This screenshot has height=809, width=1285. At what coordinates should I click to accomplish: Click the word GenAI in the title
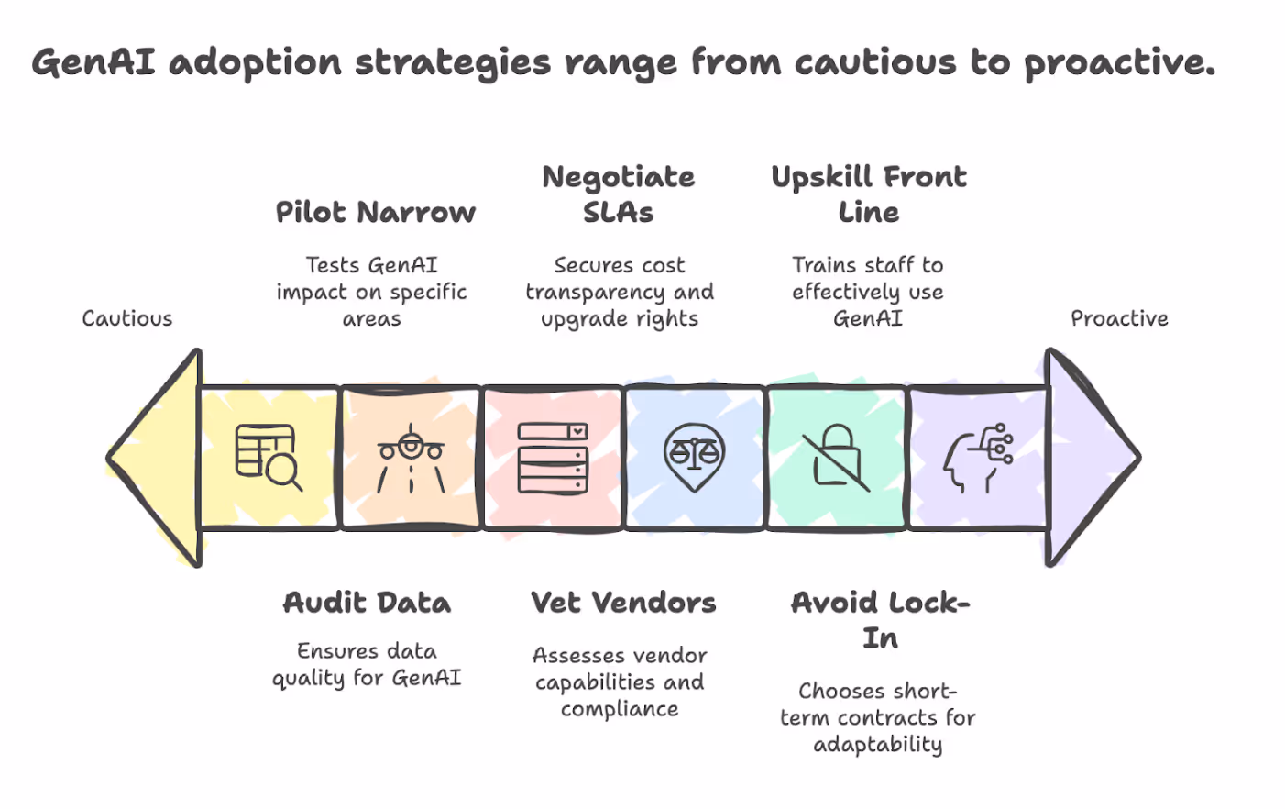click(x=94, y=62)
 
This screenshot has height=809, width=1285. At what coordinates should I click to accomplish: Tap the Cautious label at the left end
click(x=127, y=318)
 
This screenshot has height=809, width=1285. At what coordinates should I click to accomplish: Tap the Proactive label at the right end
click(x=1119, y=318)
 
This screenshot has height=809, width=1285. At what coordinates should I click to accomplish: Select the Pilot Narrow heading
click(x=376, y=213)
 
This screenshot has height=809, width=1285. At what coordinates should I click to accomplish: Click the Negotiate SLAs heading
click(x=619, y=194)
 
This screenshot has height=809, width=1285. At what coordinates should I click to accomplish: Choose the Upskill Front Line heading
click(x=869, y=194)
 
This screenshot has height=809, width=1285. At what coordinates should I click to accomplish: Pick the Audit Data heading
click(x=367, y=603)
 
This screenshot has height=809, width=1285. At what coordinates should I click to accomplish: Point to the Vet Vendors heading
click(x=623, y=603)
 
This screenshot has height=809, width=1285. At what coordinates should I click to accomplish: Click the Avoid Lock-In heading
click(x=880, y=620)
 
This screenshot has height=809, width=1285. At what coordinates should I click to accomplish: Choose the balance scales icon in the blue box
click(x=694, y=456)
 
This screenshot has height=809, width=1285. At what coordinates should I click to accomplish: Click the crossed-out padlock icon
click(x=836, y=457)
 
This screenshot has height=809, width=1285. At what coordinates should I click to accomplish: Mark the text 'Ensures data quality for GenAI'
click(x=367, y=664)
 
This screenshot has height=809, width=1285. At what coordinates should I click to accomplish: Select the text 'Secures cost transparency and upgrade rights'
click(x=620, y=292)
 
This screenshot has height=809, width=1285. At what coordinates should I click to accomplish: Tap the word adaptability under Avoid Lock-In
click(x=878, y=744)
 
